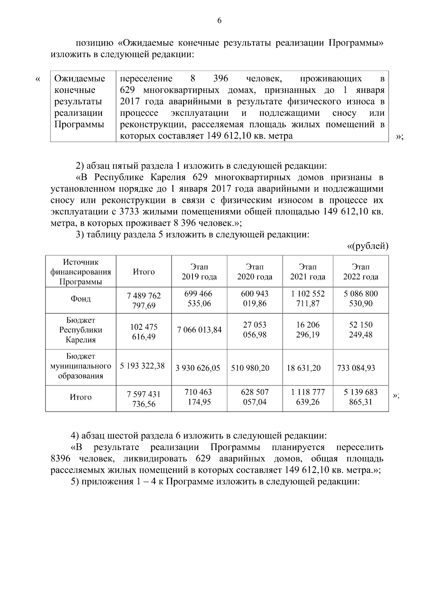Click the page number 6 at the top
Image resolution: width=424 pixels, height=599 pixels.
click(219, 21)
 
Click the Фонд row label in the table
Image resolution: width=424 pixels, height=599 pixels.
click(81, 299)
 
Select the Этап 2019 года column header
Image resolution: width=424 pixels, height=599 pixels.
click(199, 272)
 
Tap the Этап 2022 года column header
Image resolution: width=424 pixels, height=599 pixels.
click(360, 272)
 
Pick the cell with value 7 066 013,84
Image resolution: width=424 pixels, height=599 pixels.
click(199, 330)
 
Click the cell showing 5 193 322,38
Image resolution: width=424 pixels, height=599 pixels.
click(142, 366)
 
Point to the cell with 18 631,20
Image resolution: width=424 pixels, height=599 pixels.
click(304, 368)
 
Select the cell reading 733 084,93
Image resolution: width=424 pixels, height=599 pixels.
click(356, 368)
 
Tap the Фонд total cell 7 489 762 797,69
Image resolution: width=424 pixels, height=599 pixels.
click(144, 301)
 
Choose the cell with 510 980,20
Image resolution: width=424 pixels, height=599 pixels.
click(250, 368)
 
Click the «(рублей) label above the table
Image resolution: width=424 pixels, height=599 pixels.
click(367, 246)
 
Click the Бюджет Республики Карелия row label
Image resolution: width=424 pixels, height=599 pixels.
click(81, 330)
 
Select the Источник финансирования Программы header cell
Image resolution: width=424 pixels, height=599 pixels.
click(81, 272)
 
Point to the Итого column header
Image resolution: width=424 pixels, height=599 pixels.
click(144, 272)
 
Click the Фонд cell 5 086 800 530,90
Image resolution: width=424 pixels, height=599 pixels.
click(360, 299)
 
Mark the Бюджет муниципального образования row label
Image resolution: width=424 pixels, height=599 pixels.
click(81, 366)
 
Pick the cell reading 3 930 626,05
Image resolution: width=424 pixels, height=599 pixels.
click(198, 368)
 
